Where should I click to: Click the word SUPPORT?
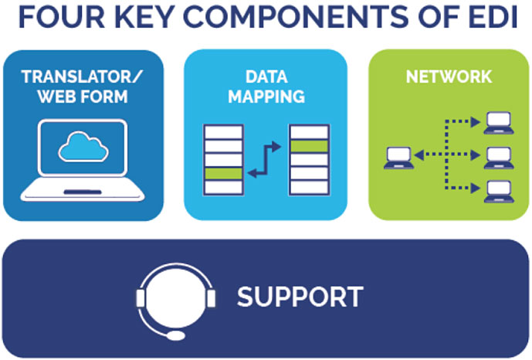point(300,297)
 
